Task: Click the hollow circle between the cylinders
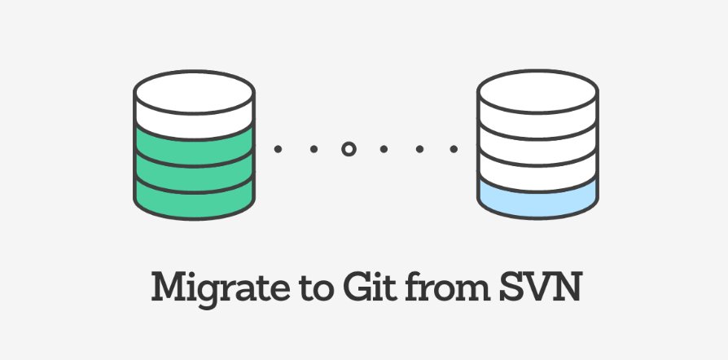pos(349,150)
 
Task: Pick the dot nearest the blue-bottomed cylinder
pos(454,150)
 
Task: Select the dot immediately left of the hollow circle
pos(313,150)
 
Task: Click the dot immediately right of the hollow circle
pos(384,150)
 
